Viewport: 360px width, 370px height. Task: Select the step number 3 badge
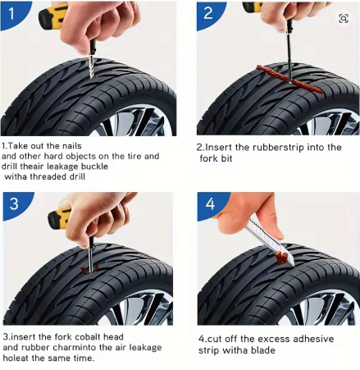click(x=15, y=203)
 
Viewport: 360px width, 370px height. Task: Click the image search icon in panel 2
click(x=344, y=19)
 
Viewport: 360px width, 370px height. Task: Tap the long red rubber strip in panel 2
click(x=289, y=80)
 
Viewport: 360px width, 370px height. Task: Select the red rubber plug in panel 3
click(x=89, y=269)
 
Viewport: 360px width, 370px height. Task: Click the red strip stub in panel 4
click(x=282, y=258)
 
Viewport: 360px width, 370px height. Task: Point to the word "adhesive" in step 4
click(x=313, y=339)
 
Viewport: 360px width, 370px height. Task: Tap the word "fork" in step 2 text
click(x=207, y=158)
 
